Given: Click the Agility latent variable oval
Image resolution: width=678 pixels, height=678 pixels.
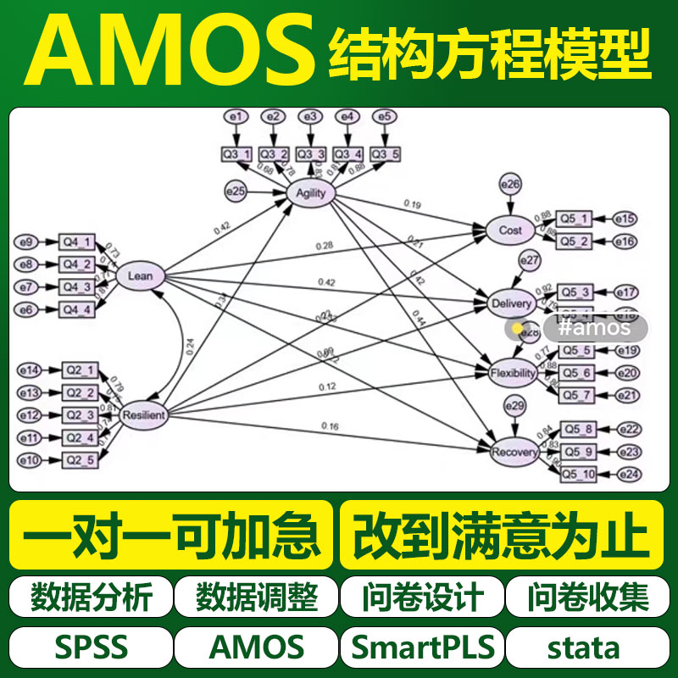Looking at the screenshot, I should click(x=310, y=193).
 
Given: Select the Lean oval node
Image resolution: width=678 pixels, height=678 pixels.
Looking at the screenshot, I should click(x=140, y=275).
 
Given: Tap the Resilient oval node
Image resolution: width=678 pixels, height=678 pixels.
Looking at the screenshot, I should click(x=142, y=415).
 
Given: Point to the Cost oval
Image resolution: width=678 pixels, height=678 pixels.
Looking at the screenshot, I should click(x=510, y=230).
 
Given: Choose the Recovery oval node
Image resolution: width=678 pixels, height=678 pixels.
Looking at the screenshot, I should click(x=514, y=453).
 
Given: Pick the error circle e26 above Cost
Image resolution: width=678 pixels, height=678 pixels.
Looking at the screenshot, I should click(x=510, y=183).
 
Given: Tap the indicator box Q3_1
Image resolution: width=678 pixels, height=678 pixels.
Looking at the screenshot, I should click(x=236, y=153).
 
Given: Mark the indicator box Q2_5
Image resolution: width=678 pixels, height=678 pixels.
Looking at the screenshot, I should click(x=80, y=459).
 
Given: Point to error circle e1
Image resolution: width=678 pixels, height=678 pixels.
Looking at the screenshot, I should click(x=236, y=116).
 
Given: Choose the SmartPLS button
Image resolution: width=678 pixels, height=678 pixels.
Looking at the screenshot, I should click(x=422, y=647).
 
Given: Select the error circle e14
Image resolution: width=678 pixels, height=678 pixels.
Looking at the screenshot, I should click(x=30, y=370).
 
